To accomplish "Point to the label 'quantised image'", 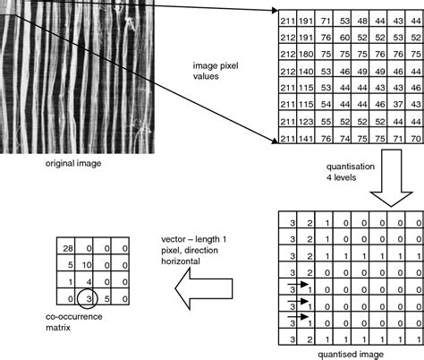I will tap(352, 355).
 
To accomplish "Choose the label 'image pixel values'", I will tap(215, 72).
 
